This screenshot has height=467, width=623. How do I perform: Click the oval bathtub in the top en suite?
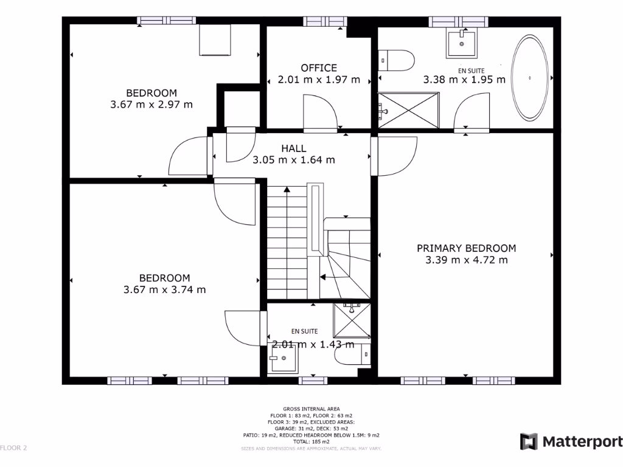pyautogui.click(x=531, y=78)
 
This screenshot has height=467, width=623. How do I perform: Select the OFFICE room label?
pyautogui.click(x=319, y=68)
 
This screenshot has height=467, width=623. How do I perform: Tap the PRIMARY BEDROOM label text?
pyautogui.click(x=466, y=248)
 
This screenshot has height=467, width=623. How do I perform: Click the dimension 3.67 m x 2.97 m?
pyautogui.click(x=151, y=104)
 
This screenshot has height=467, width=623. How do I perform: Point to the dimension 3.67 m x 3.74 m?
pyautogui.click(x=164, y=289)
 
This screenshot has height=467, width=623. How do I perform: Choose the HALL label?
pyautogui.click(x=294, y=148)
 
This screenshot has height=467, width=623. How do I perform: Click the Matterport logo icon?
pyautogui.click(x=529, y=441)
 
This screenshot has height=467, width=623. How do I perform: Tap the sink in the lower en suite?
pyautogui.click(x=284, y=361)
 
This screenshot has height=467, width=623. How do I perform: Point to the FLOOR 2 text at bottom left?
pyautogui.click(x=14, y=448)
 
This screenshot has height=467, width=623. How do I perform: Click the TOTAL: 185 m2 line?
pyautogui.click(x=311, y=441)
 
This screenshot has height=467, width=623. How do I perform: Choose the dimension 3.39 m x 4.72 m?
pyautogui.click(x=466, y=260)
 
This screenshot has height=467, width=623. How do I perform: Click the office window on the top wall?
pyautogui.click(x=325, y=21)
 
